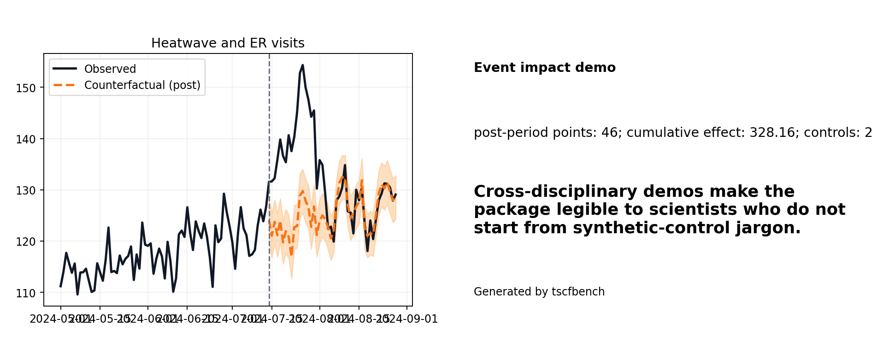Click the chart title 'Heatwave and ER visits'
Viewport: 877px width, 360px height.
pos(228,43)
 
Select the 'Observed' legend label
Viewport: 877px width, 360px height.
pos(110,69)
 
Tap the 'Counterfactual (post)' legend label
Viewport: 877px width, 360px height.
pos(142,85)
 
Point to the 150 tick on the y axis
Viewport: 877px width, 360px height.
pos(26,88)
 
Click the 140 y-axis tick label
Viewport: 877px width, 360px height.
pos(26,139)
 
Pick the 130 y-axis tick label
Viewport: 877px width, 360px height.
pos(26,190)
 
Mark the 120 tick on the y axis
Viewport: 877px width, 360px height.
pos(26,241)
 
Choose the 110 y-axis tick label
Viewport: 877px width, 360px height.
pos(26,293)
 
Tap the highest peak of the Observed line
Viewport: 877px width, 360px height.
pos(302,65)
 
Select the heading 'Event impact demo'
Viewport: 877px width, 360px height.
pos(545,68)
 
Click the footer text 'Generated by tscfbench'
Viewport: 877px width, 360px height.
pos(539,292)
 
